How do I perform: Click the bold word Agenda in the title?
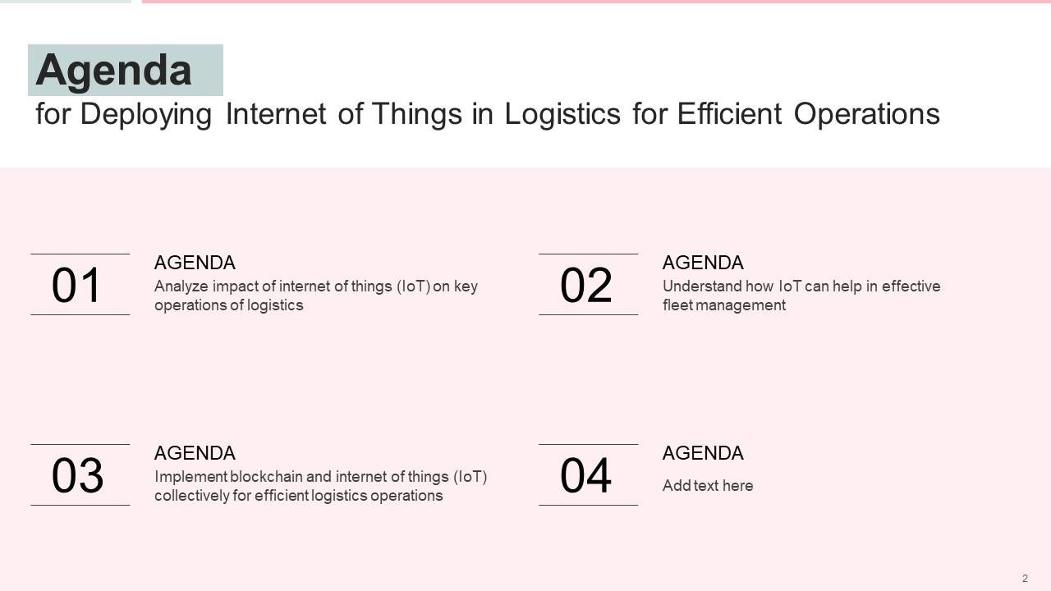click(x=113, y=71)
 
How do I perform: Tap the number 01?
click(x=77, y=286)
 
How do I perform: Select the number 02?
click(x=586, y=286)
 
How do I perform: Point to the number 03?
click(x=77, y=476)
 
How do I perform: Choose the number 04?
click(x=586, y=476)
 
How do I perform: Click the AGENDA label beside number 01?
click(x=195, y=263)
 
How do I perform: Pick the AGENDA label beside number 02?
click(x=703, y=263)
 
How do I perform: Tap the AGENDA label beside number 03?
click(x=195, y=453)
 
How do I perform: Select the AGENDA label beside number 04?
click(x=703, y=453)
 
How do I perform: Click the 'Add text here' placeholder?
click(x=708, y=486)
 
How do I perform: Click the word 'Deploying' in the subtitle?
click(x=146, y=114)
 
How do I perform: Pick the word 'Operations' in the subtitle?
click(x=866, y=114)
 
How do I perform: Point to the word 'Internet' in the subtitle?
click(x=276, y=114)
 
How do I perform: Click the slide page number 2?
click(x=1025, y=579)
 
